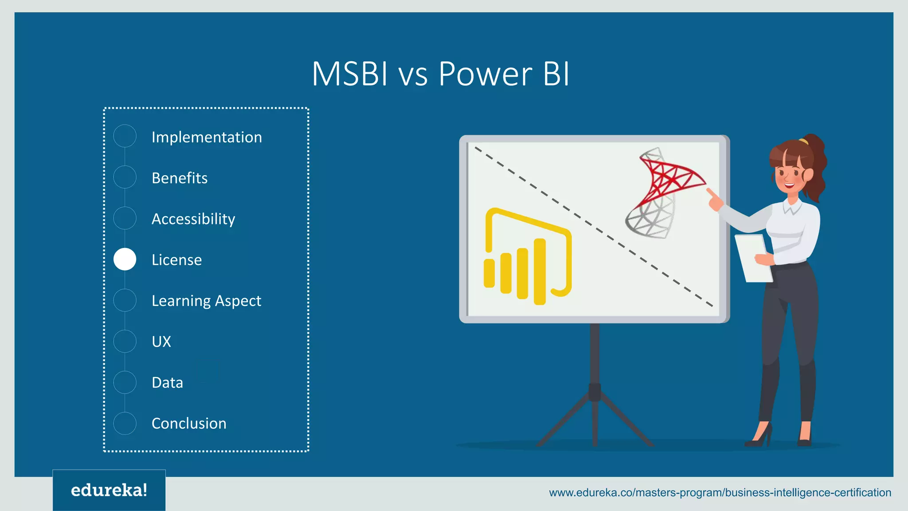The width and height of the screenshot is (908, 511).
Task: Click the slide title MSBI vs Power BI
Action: click(x=440, y=74)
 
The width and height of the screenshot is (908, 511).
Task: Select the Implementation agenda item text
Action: click(x=207, y=137)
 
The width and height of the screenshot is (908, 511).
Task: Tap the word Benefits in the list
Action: click(x=180, y=178)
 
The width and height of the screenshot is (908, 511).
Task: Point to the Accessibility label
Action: click(x=193, y=219)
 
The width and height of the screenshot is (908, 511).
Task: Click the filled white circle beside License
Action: click(x=125, y=259)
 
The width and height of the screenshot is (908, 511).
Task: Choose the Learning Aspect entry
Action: click(x=206, y=301)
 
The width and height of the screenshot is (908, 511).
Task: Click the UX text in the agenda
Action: click(x=161, y=342)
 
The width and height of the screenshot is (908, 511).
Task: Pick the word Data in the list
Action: click(x=167, y=382)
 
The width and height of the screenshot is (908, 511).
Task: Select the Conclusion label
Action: click(x=189, y=423)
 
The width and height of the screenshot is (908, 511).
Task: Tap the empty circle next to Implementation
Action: click(x=125, y=136)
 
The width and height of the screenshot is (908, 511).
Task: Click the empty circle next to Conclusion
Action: click(x=125, y=423)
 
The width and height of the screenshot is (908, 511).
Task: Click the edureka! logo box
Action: click(x=109, y=490)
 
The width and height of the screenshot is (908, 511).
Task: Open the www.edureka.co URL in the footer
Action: click(x=720, y=492)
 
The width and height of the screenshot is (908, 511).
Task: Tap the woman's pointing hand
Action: click(x=714, y=200)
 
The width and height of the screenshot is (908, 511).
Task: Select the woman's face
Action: click(x=790, y=173)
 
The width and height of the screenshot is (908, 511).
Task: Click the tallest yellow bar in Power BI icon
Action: click(x=540, y=271)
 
